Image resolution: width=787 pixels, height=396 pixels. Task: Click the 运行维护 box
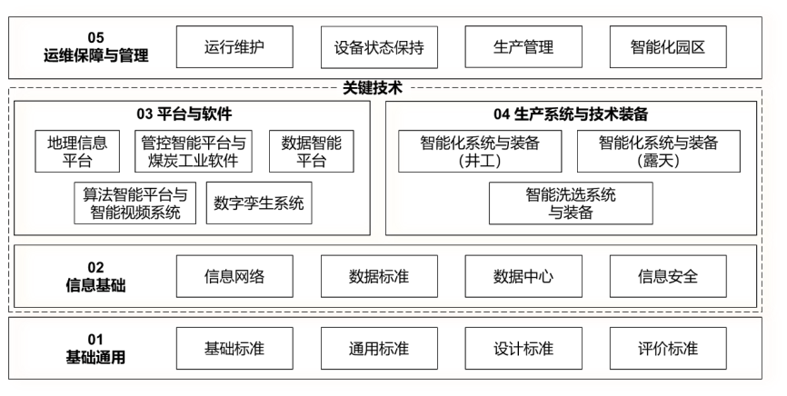[235, 47]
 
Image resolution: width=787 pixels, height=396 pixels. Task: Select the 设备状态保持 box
[380, 47]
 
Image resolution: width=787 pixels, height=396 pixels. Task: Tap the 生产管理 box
[523, 47]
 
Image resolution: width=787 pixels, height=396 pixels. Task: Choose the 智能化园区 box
[668, 47]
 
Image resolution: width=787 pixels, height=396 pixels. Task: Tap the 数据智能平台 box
[313, 152]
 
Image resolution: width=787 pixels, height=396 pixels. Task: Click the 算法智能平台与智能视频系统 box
[135, 203]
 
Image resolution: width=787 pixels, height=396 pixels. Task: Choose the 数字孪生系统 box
[258, 203]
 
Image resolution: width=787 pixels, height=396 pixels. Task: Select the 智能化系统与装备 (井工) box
[480, 152]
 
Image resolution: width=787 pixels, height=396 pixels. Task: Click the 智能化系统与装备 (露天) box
[658, 152]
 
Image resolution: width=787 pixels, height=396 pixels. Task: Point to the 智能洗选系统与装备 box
[570, 203]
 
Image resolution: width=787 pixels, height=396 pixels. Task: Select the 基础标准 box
[235, 349]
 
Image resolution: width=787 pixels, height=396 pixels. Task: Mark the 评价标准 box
[668, 349]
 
